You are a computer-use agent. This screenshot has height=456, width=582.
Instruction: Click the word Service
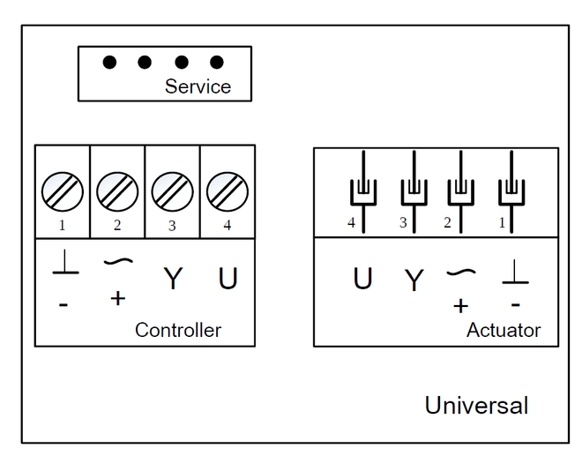[198, 86]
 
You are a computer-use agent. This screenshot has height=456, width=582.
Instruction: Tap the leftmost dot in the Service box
[109, 63]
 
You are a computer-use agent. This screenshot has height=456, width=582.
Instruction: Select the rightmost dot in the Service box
[217, 63]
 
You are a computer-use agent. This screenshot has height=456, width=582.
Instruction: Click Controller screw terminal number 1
[63, 191]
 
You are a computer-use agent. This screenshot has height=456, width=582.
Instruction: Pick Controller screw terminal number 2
[117, 191]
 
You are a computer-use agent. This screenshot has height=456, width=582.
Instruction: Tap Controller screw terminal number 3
[172, 191]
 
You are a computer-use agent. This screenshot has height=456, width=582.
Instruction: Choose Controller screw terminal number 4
[228, 191]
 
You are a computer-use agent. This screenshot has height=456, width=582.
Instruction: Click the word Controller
[178, 331]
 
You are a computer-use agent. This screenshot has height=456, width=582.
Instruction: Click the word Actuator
[504, 331]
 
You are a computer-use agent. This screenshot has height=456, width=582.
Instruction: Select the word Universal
[476, 406]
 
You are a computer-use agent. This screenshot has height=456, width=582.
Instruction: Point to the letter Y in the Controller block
[173, 280]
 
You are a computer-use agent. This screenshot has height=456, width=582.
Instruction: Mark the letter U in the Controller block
[228, 279]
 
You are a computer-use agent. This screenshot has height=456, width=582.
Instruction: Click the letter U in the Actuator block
[362, 279]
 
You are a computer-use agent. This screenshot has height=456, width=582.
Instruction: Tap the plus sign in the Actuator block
[460, 306]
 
